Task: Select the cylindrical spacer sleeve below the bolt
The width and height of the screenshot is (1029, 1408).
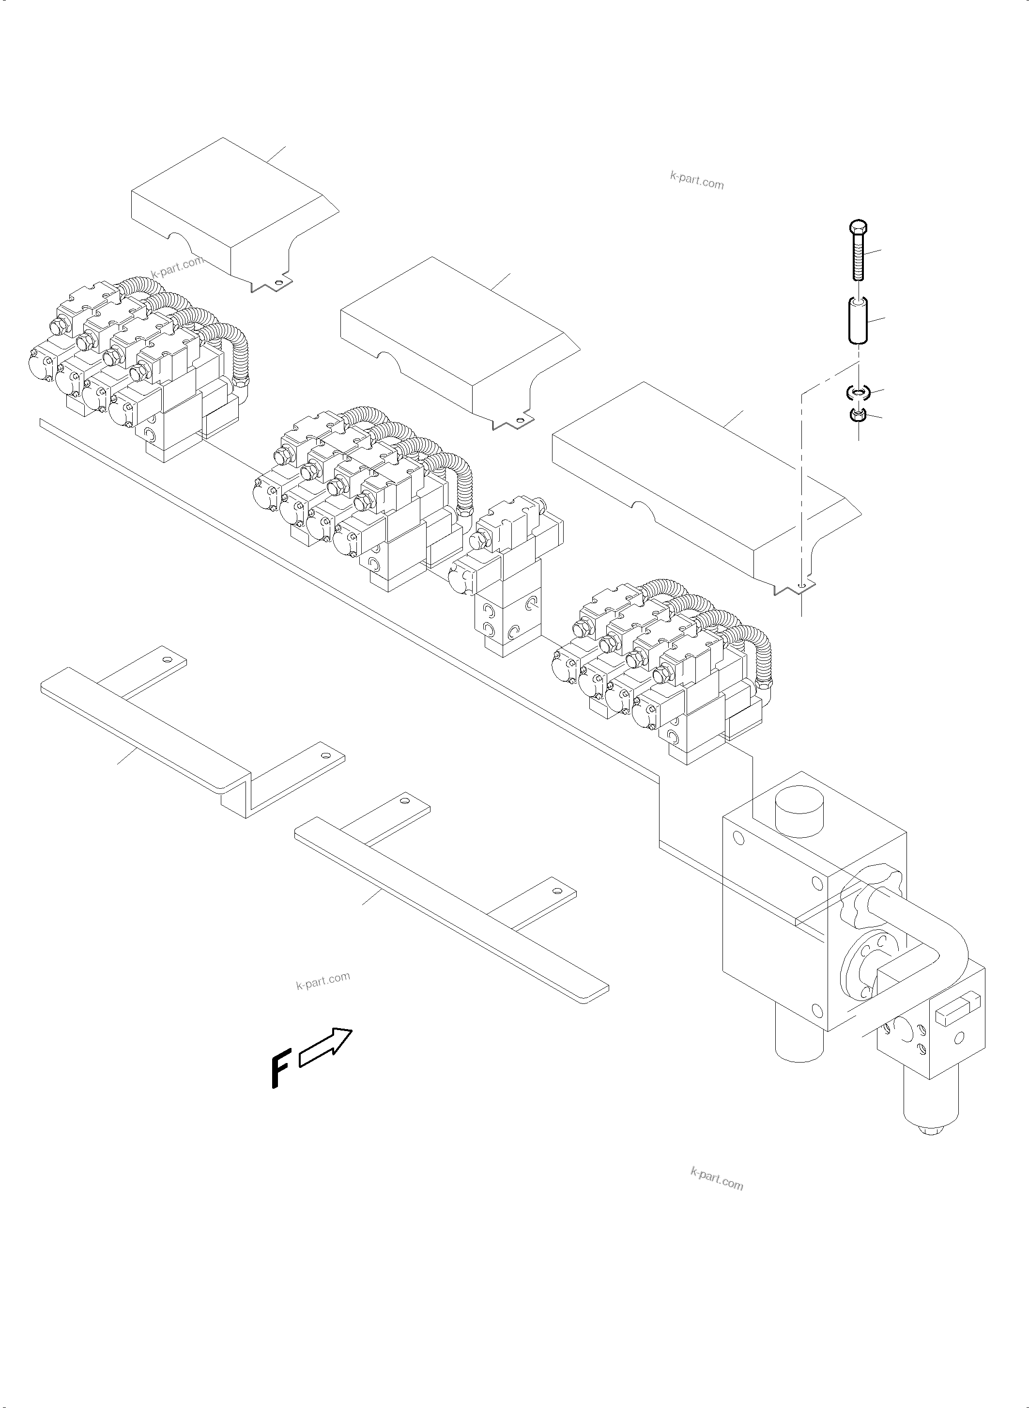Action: pyautogui.click(x=858, y=320)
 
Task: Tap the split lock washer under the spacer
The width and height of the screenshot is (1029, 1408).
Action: pyautogui.click(x=858, y=392)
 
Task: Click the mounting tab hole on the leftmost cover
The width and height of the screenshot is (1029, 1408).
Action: pyautogui.click(x=278, y=283)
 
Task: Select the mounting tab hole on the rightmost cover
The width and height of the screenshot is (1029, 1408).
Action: pyautogui.click(x=802, y=586)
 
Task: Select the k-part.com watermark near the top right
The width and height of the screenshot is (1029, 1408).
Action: pyautogui.click(x=696, y=180)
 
